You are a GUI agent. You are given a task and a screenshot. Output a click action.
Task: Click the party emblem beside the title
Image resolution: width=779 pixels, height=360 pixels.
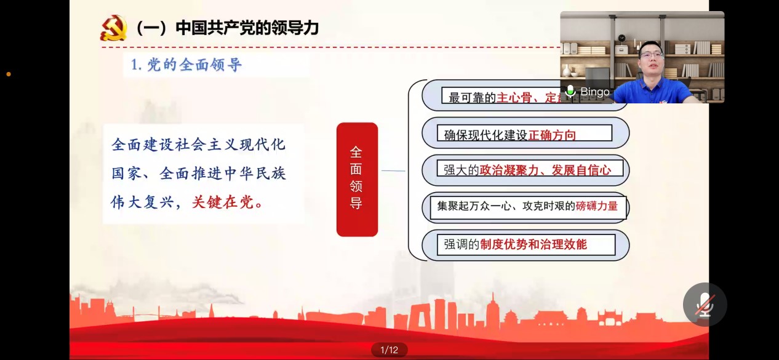tap(113, 28)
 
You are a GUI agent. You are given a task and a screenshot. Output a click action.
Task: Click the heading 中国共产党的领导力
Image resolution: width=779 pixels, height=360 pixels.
tap(247, 28)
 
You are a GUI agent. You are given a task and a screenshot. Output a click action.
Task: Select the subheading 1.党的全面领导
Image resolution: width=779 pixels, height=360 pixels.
tap(186, 65)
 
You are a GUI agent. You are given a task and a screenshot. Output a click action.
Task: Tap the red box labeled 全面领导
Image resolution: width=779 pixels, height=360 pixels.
tap(357, 179)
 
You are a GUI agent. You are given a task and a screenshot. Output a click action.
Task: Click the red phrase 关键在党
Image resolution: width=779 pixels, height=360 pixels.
tap(227, 202)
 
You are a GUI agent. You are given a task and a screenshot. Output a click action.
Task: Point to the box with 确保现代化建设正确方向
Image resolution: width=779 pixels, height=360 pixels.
tap(524, 134)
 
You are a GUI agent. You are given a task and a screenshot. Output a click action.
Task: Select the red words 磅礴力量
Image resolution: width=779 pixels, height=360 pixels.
tap(596, 207)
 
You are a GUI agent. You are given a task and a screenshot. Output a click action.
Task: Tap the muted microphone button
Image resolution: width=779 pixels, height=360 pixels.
tap(705, 304)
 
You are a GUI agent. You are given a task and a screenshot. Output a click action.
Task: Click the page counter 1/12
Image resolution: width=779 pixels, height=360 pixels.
tap(389, 350)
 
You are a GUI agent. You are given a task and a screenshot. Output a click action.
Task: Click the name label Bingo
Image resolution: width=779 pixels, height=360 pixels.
tap(594, 92)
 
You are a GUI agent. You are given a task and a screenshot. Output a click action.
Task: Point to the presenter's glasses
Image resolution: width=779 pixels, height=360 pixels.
tap(651, 55)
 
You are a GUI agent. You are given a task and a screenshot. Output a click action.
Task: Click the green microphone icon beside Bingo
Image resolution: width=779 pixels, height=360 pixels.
tap(570, 92)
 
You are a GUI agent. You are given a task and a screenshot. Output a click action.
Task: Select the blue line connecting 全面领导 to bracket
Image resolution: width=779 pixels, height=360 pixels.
tap(393, 170)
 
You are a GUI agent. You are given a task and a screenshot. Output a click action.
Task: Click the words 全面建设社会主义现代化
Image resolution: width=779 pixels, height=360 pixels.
tap(198, 145)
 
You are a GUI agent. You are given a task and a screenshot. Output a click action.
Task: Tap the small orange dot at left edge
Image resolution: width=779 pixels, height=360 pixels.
tap(9, 74)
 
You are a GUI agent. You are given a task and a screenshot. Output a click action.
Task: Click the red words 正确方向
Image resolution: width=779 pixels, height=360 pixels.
tap(552, 135)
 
